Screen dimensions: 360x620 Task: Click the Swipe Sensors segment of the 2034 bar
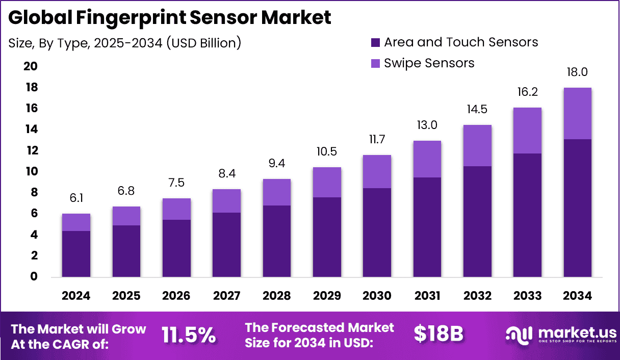(577, 113)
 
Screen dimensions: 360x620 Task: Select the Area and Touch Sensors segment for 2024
(76, 254)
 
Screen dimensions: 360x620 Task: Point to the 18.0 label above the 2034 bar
(577, 72)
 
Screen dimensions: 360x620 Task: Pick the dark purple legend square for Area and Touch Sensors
(375, 42)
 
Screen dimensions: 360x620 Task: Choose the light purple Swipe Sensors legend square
(375, 63)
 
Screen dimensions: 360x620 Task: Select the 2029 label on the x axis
(327, 296)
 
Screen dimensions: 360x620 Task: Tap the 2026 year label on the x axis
(176, 296)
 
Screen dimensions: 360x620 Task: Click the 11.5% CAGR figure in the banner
(189, 335)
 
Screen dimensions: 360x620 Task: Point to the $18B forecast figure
(438, 334)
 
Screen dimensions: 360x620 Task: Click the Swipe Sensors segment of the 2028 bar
(277, 192)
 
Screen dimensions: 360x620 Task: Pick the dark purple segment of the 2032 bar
(477, 222)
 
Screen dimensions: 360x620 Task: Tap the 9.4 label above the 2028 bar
(277, 164)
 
